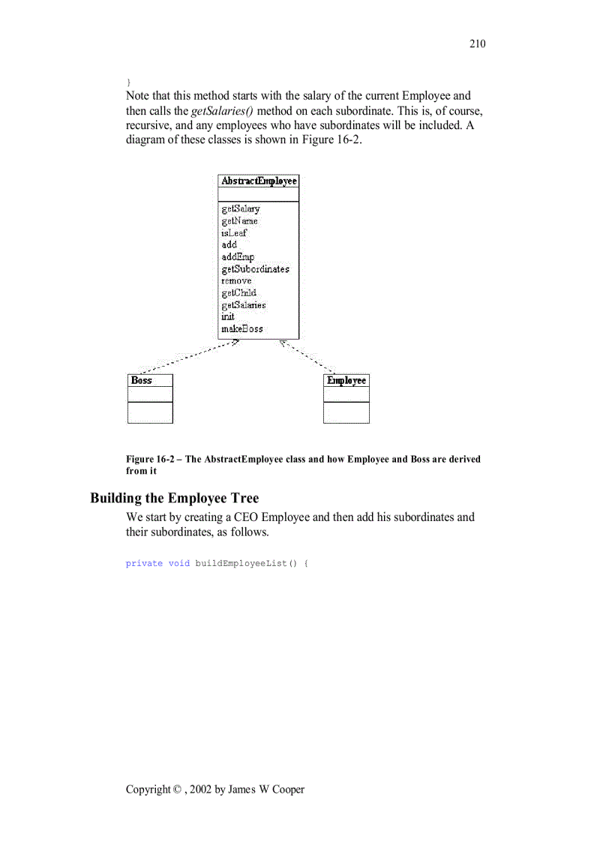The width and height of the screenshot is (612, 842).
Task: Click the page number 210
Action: pyautogui.click(x=477, y=43)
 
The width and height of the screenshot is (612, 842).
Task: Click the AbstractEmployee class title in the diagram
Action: pyautogui.click(x=259, y=181)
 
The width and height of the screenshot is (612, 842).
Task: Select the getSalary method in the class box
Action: pyautogui.click(x=240, y=209)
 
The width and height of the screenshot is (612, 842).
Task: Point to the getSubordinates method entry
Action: pyautogui.click(x=255, y=269)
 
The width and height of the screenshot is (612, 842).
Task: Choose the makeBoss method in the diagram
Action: pyautogui.click(x=241, y=329)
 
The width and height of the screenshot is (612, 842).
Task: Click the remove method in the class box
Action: pyautogui.click(x=236, y=281)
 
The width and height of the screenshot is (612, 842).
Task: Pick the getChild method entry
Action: pyautogui.click(x=238, y=293)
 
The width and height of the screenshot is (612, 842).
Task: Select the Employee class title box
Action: pyautogui.click(x=346, y=381)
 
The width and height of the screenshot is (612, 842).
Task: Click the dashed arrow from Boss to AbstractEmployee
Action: pyautogui.click(x=187, y=357)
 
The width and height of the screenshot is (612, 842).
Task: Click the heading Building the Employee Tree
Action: pyautogui.click(x=174, y=499)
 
